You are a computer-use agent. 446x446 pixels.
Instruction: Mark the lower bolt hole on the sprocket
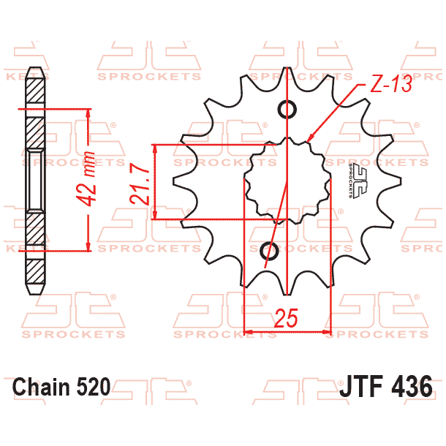tap(270, 252)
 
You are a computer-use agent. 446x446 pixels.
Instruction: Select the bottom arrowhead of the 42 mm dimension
tap(88, 247)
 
